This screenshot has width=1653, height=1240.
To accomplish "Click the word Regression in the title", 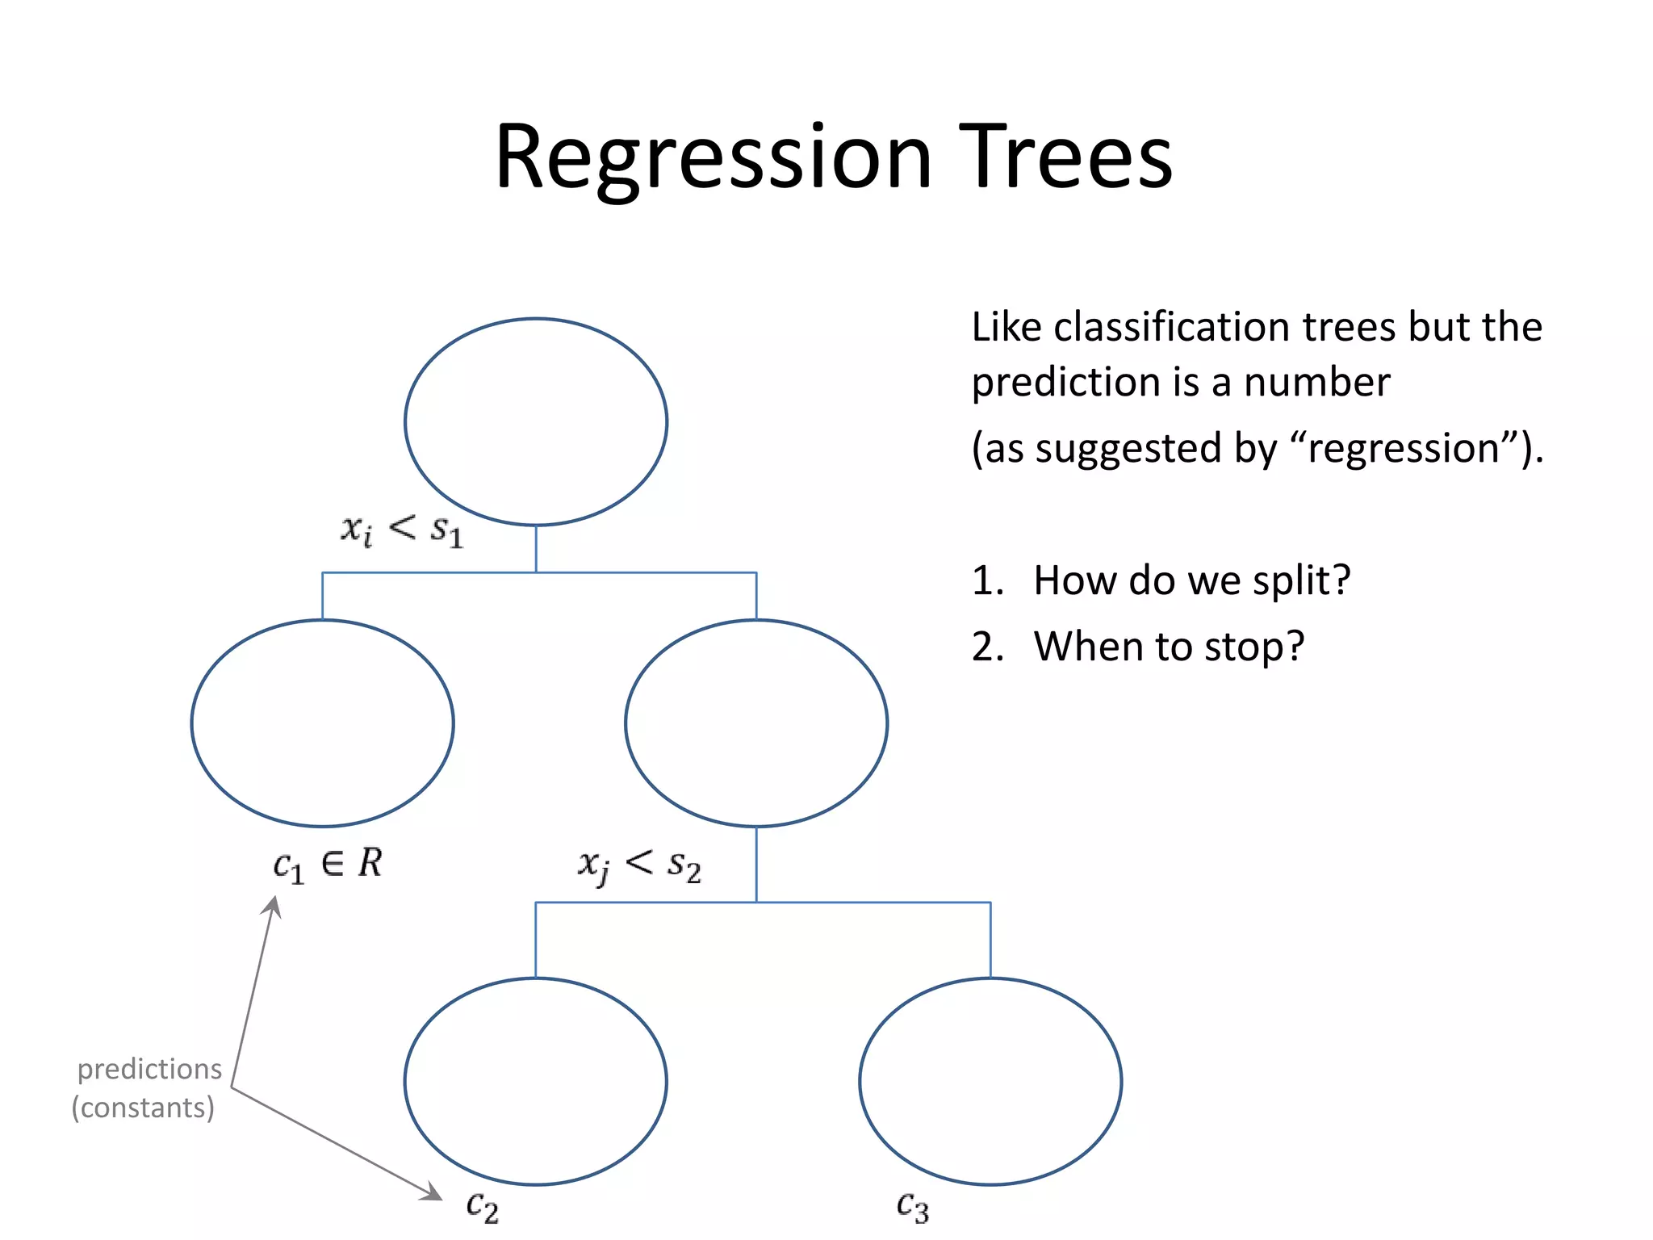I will pos(714,157).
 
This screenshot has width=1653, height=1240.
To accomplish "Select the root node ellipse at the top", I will pos(536,421).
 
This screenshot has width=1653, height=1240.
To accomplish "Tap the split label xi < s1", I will pos(402,531).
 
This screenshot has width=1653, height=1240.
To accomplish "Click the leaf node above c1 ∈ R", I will pos(322,723).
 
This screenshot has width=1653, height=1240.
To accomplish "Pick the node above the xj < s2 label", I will pos(756,723).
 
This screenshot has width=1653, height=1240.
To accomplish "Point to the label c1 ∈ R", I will pos(327,865).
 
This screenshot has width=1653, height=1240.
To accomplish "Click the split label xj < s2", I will pos(639,866).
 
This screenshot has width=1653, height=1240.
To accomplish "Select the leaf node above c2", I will pos(536,1081).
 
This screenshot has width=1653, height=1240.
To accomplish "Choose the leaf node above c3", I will pos(990,1081).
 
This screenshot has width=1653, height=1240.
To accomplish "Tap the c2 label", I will pos(483,1207).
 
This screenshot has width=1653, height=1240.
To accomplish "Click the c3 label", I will pos(913,1207).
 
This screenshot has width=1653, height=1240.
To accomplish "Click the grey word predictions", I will pos(149,1070).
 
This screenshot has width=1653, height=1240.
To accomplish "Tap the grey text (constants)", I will pos(143,1108).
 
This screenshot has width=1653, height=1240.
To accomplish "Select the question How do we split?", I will pos(1191,580).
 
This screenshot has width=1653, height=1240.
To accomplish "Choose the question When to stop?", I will pos(1169,647).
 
